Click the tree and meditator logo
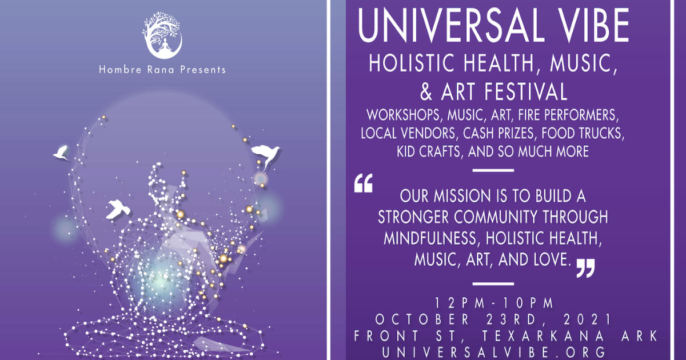162,35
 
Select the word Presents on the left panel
203,70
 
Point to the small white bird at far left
61,153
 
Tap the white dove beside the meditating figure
118,209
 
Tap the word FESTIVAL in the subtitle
525,92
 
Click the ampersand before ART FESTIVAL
426,92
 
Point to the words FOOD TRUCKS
583,134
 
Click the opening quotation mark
364,183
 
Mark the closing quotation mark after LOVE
585,268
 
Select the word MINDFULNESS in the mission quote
430,238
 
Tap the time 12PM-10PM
494,303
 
